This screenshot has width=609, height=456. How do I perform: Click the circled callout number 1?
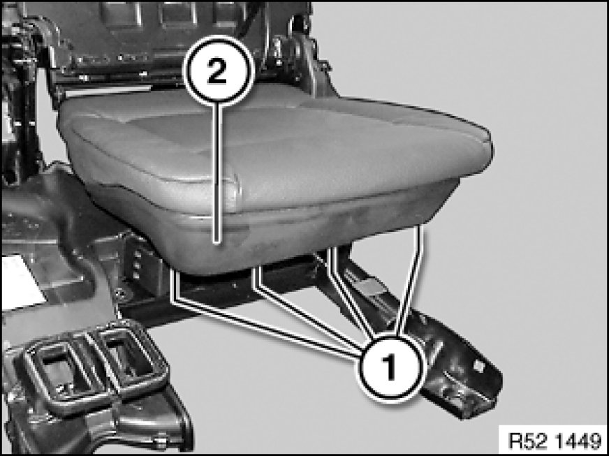pos(390,367)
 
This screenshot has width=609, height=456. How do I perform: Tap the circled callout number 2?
pos(217,71)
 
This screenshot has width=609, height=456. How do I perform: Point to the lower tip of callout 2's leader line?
pos(217,243)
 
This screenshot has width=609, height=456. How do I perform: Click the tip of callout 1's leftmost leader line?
pos(175,271)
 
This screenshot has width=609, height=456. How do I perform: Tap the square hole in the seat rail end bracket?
pos(478,367)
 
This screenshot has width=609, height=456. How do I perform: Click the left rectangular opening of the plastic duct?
pos(58,370)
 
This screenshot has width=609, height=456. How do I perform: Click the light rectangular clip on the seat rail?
pos(369,286)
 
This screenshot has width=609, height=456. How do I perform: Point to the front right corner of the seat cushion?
pos(489,140)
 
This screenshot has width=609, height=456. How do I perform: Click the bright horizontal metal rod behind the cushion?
pos(108,91)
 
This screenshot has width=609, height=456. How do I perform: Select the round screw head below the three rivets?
pos(122,294)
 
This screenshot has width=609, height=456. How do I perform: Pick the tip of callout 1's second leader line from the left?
pos(256,268)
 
